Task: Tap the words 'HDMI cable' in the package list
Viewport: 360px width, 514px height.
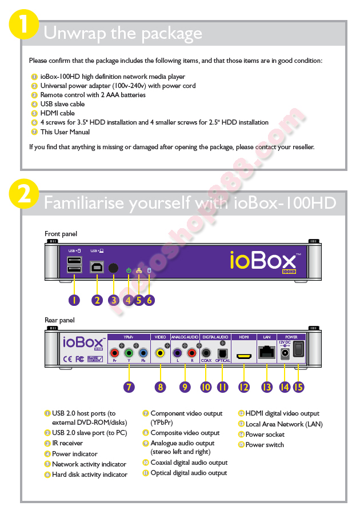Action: click(x=57, y=113)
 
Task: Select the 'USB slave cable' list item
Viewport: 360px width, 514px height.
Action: click(x=62, y=104)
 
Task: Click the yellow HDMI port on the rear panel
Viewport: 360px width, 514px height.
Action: click(x=245, y=356)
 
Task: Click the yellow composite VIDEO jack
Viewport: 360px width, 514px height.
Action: click(x=161, y=353)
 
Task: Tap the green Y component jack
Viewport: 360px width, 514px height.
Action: click(x=129, y=353)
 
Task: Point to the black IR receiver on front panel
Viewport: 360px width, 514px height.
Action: click(x=114, y=268)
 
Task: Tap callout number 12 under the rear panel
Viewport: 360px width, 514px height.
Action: click(x=245, y=387)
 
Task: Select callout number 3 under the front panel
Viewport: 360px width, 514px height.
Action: click(x=114, y=300)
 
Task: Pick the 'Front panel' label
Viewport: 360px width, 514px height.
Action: click(x=61, y=234)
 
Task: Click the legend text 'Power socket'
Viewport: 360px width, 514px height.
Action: click(x=265, y=435)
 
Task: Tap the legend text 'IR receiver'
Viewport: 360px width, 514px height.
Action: click(x=67, y=443)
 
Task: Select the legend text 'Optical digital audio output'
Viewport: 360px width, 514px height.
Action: click(x=189, y=473)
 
